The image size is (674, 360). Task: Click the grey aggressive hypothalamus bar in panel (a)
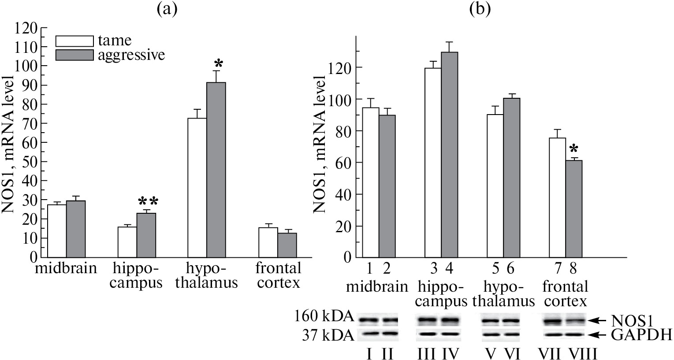tap(216, 170)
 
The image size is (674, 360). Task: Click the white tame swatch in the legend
tap(74, 41)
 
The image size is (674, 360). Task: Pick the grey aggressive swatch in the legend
tap(74, 55)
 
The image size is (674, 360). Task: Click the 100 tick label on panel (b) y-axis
tap(341, 99)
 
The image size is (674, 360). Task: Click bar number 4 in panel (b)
tap(450, 154)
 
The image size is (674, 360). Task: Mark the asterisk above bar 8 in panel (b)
tap(573, 149)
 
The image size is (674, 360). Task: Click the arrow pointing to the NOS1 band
tap(597, 320)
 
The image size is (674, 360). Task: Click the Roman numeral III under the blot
tap(427, 353)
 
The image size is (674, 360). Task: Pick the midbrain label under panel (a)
tap(66, 268)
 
